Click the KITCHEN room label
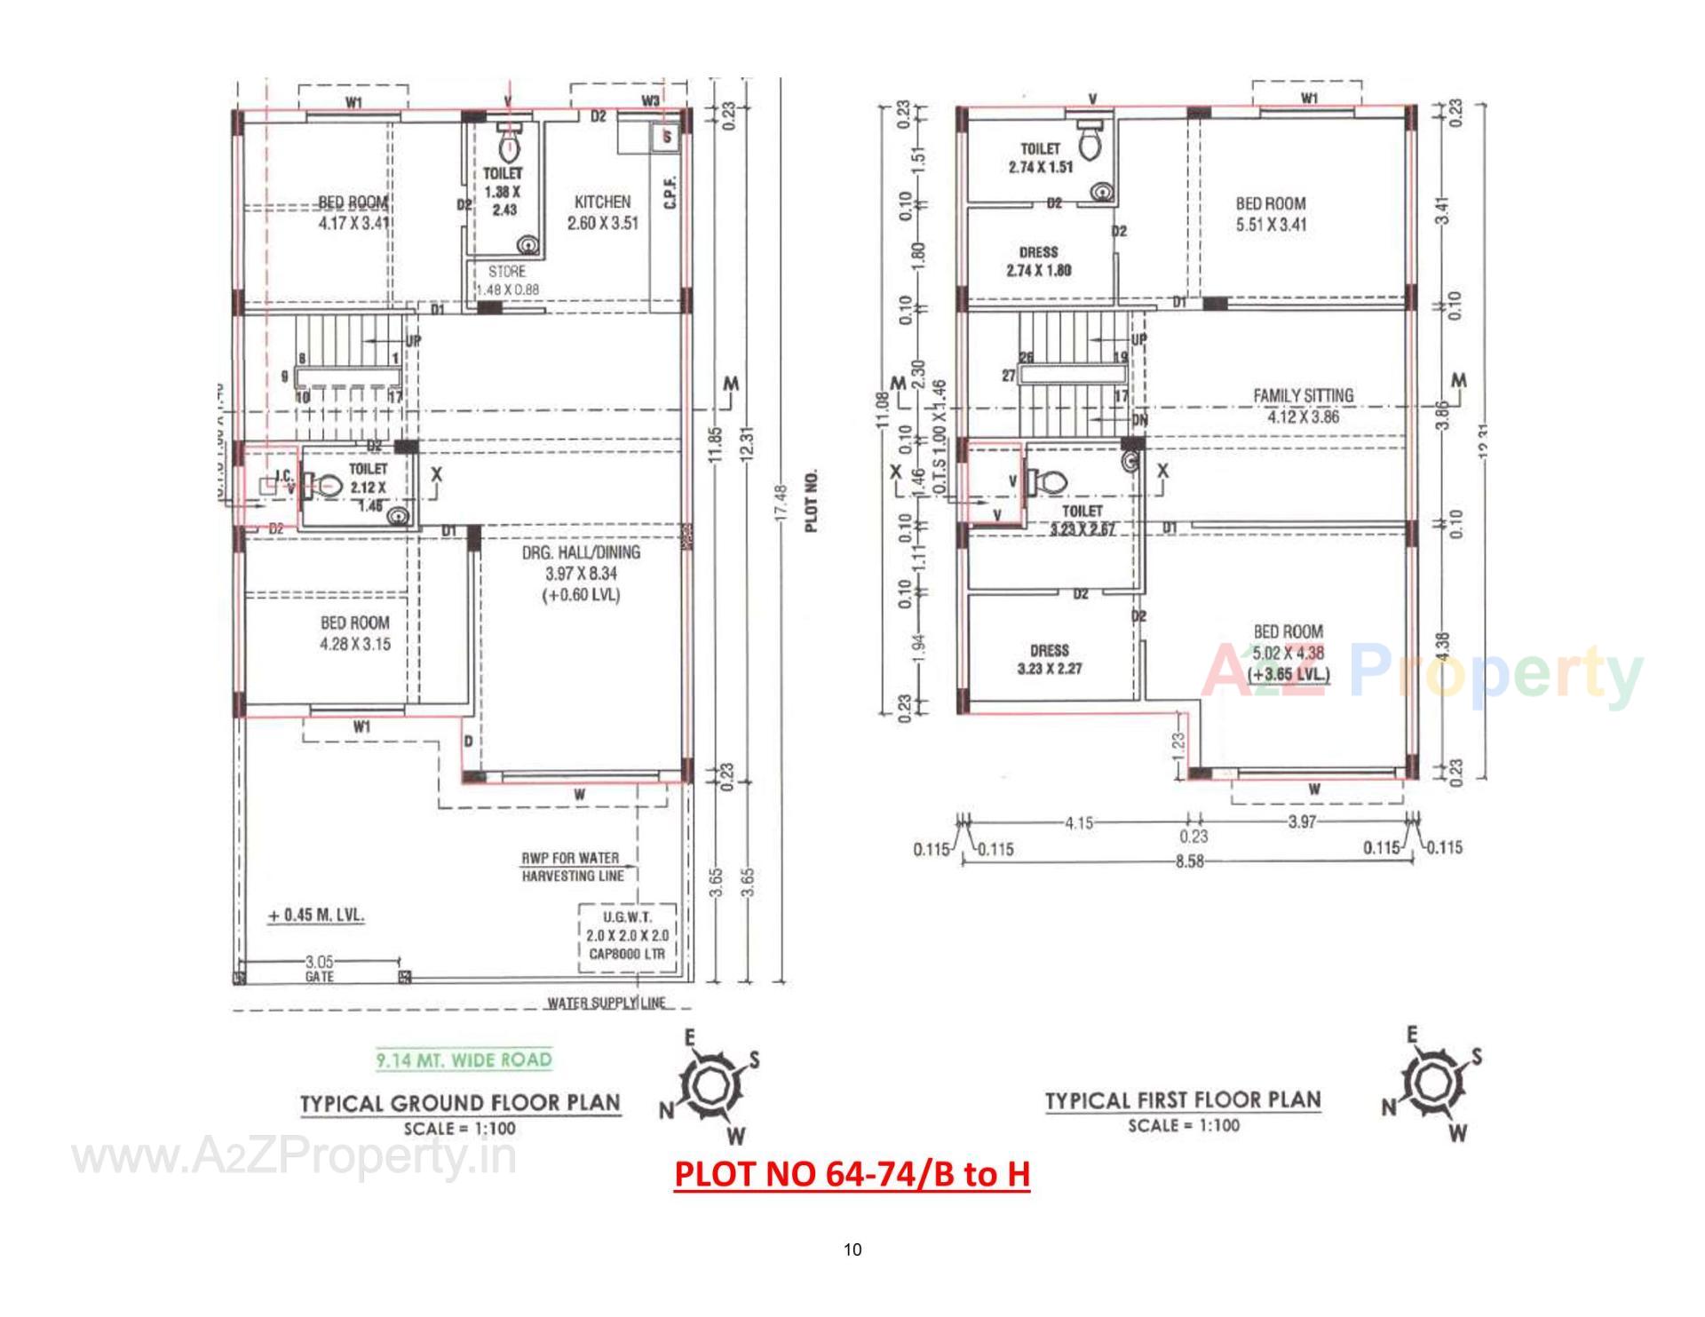tap(602, 202)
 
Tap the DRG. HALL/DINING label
tap(581, 552)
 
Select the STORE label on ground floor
tap(506, 272)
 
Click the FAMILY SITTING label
tap(1303, 395)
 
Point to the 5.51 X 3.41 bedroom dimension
tap(1271, 225)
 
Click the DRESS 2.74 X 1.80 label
tap(1038, 261)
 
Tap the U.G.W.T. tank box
tap(627, 935)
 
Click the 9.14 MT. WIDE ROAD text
tap(463, 1059)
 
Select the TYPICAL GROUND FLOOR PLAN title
tap(460, 1103)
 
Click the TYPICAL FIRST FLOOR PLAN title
tap(1183, 1100)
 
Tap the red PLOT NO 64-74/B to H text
tap(852, 1174)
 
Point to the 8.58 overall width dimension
tap(1188, 861)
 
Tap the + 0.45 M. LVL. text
tap(317, 915)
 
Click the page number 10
tap(852, 1250)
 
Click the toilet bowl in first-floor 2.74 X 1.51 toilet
tap(1089, 139)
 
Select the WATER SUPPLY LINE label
tap(606, 1003)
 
